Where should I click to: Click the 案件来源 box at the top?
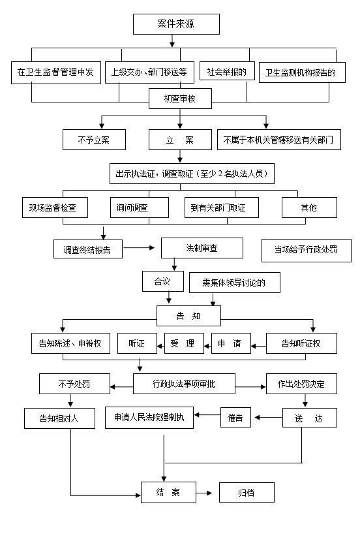pyautogui.click(x=176, y=24)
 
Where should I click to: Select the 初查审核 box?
pyautogui.click(x=180, y=99)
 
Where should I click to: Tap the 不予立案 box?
pyautogui.click(x=94, y=140)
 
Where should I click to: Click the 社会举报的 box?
pyautogui.click(x=227, y=71)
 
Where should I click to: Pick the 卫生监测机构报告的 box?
pyautogui.click(x=302, y=72)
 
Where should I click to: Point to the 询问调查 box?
pyautogui.click(x=140, y=208)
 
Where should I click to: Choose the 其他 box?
pyautogui.click(x=309, y=208)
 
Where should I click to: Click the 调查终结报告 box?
pyautogui.click(x=88, y=249)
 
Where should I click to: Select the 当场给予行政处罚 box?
pyautogui.click(x=307, y=251)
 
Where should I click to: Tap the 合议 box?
pyautogui.click(x=162, y=281)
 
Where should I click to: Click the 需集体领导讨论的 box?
pyautogui.click(x=235, y=283)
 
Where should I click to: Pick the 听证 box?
pyautogui.click(x=137, y=343)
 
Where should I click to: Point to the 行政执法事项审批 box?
pyautogui.click(x=184, y=384)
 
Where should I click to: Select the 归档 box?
pyautogui.click(x=247, y=493)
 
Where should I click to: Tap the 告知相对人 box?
pyautogui.click(x=59, y=418)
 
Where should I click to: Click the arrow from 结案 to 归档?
pyautogui.click(x=204, y=493)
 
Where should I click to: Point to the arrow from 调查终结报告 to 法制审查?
pyautogui.click(x=139, y=247)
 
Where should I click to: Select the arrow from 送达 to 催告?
pyautogui.click(x=268, y=417)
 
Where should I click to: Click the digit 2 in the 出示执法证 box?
pyautogui.click(x=220, y=174)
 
